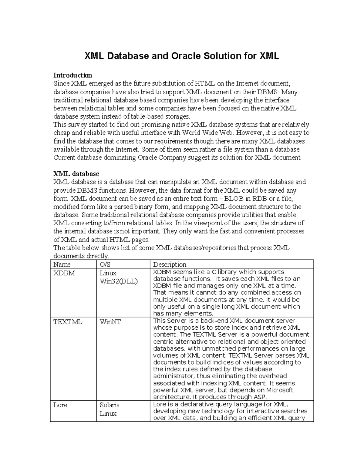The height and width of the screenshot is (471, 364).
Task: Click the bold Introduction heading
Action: pyautogui.click(x=72, y=75)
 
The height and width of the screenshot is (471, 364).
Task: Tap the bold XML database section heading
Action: pyautogui.click(x=76, y=174)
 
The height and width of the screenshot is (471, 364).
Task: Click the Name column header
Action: pyautogui.click(x=62, y=264)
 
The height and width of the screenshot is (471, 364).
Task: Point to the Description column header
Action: pyautogui.click(x=170, y=264)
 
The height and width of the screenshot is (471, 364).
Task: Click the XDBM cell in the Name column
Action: pyautogui.click(x=64, y=273)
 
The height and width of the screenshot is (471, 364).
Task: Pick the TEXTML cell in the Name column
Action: pyautogui.click(x=68, y=322)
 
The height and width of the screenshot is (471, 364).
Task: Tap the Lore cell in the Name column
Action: pyautogui.click(x=60, y=405)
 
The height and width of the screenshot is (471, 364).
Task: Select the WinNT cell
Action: pyautogui.click(x=110, y=322)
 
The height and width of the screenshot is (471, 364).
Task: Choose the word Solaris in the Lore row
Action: pyautogui.click(x=110, y=405)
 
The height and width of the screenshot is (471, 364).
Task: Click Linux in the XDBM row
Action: pyautogui.click(x=108, y=273)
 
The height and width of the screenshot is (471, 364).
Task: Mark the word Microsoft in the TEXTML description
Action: pyautogui.click(x=280, y=390)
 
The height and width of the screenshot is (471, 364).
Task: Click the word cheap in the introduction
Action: pyautogui.click(x=62, y=133)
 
